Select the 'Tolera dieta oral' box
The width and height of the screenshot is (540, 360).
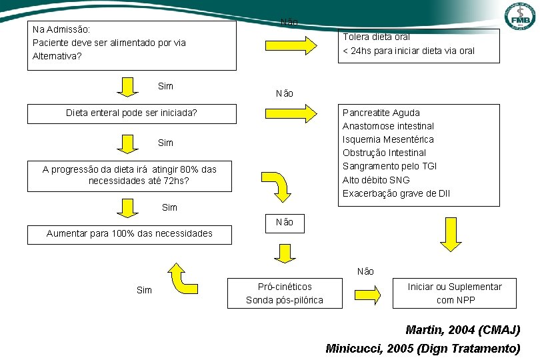(x=419, y=45)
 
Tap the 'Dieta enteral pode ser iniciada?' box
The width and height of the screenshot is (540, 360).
(x=132, y=113)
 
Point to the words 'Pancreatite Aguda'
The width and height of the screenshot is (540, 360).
(x=381, y=113)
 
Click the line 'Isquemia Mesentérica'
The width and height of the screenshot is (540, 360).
(x=388, y=139)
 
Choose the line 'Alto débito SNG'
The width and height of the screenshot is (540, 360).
(x=376, y=180)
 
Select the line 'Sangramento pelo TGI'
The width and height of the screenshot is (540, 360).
(x=390, y=166)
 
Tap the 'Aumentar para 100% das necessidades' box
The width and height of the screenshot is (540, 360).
(x=129, y=234)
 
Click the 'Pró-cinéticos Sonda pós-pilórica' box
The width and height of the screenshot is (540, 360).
(x=285, y=293)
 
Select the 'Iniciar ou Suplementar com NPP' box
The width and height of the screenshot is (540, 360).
(x=455, y=293)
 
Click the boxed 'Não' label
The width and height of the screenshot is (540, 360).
(x=285, y=223)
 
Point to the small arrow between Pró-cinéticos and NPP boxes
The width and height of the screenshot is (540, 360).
(x=367, y=294)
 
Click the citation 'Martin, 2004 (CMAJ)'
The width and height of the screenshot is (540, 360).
(x=463, y=330)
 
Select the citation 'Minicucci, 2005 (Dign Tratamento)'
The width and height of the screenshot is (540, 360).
(x=423, y=348)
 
